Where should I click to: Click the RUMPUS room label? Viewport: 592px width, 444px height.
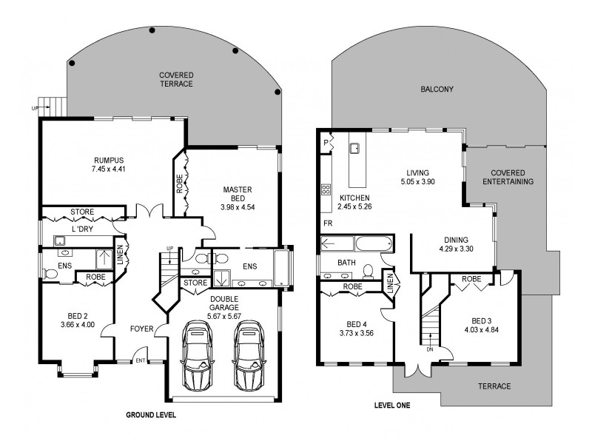pos(108,160)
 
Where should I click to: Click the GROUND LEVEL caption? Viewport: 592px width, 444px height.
pos(151,415)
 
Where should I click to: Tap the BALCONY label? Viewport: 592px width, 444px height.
pos(437,90)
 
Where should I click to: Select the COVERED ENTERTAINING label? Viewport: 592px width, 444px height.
pos(507,176)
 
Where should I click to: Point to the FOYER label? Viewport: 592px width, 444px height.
pos(142,328)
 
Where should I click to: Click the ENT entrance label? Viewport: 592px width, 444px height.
pos(141,360)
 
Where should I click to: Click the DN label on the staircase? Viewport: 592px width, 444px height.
pos(430,349)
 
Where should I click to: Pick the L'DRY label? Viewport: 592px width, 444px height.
pos(81,229)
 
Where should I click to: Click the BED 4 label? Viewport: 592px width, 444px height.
pos(355,323)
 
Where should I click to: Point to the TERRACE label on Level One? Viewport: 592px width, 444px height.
pos(494,386)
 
